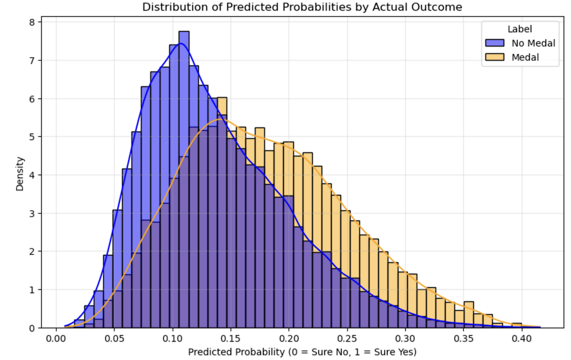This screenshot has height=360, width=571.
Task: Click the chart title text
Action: coord(303,7)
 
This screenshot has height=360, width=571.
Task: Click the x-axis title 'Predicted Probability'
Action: coord(302,352)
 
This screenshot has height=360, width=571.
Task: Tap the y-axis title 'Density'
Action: coord(21,173)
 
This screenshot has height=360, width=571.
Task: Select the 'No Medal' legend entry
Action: coord(532,43)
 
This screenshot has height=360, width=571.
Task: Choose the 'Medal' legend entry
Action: coord(525,57)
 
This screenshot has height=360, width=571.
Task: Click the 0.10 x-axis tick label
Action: coord(173,338)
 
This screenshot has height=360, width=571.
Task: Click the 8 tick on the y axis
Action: coord(32,22)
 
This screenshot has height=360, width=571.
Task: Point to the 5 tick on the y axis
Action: coord(32,137)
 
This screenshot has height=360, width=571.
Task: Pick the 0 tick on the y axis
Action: coord(32,328)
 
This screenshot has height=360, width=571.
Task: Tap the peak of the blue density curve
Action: coord(179,44)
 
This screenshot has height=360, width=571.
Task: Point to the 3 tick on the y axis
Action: coord(32,214)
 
